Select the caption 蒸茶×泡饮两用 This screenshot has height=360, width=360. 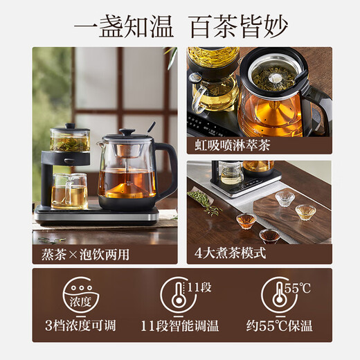pyautogui.click(x=75, y=253)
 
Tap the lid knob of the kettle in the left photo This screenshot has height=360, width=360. pyautogui.click(x=127, y=132)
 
